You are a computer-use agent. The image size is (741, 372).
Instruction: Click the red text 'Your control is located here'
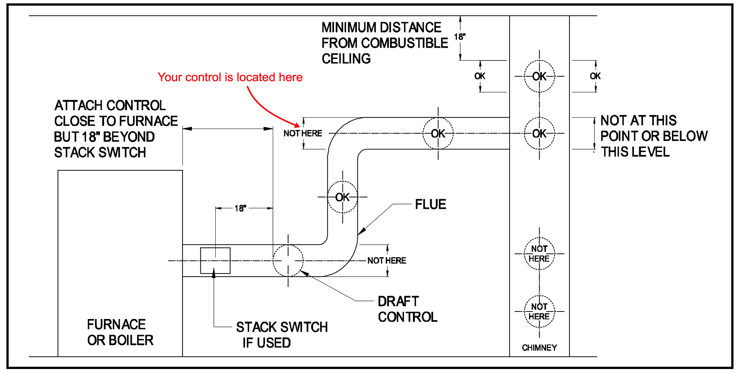tap(230, 77)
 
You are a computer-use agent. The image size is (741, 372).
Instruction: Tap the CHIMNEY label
tap(539, 348)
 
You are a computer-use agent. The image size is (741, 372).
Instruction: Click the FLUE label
tap(431, 204)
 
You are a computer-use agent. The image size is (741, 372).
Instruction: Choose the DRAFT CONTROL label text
tap(408, 309)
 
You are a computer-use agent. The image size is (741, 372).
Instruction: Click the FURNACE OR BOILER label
tap(120, 332)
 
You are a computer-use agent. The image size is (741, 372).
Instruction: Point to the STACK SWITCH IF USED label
tap(282, 335)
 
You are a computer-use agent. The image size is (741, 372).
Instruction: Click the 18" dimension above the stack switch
tap(240, 208)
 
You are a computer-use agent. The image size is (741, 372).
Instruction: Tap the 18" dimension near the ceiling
tap(460, 37)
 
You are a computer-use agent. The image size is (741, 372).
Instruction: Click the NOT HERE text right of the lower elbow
tap(387, 260)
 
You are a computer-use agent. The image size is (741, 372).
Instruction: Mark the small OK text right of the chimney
tap(595, 76)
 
